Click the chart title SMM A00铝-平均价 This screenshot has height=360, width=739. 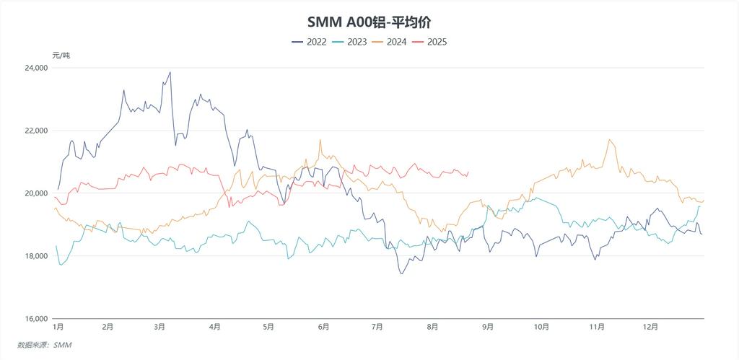[369, 22]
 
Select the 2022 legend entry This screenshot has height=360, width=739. [309, 42]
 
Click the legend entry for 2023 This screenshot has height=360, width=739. [349, 42]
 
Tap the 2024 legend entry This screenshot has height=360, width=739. [389, 42]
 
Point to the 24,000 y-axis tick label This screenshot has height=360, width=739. [36, 68]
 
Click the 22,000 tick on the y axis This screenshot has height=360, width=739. [36, 131]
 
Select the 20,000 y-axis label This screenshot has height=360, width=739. [36, 193]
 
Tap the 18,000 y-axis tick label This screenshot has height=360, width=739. [36, 256]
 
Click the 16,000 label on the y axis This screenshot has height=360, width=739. [36, 319]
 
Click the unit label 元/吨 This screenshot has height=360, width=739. [61, 55]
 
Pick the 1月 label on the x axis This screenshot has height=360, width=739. [58, 327]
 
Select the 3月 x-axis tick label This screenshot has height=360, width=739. [160, 327]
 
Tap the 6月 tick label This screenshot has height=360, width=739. [323, 327]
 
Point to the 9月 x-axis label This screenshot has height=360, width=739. [488, 327]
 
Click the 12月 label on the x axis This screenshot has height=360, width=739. [651, 327]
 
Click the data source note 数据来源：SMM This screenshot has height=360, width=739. [45, 346]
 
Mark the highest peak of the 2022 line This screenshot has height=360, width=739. [170, 72]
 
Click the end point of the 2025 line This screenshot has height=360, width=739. [469, 172]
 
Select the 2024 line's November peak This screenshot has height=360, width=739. [610, 139]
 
